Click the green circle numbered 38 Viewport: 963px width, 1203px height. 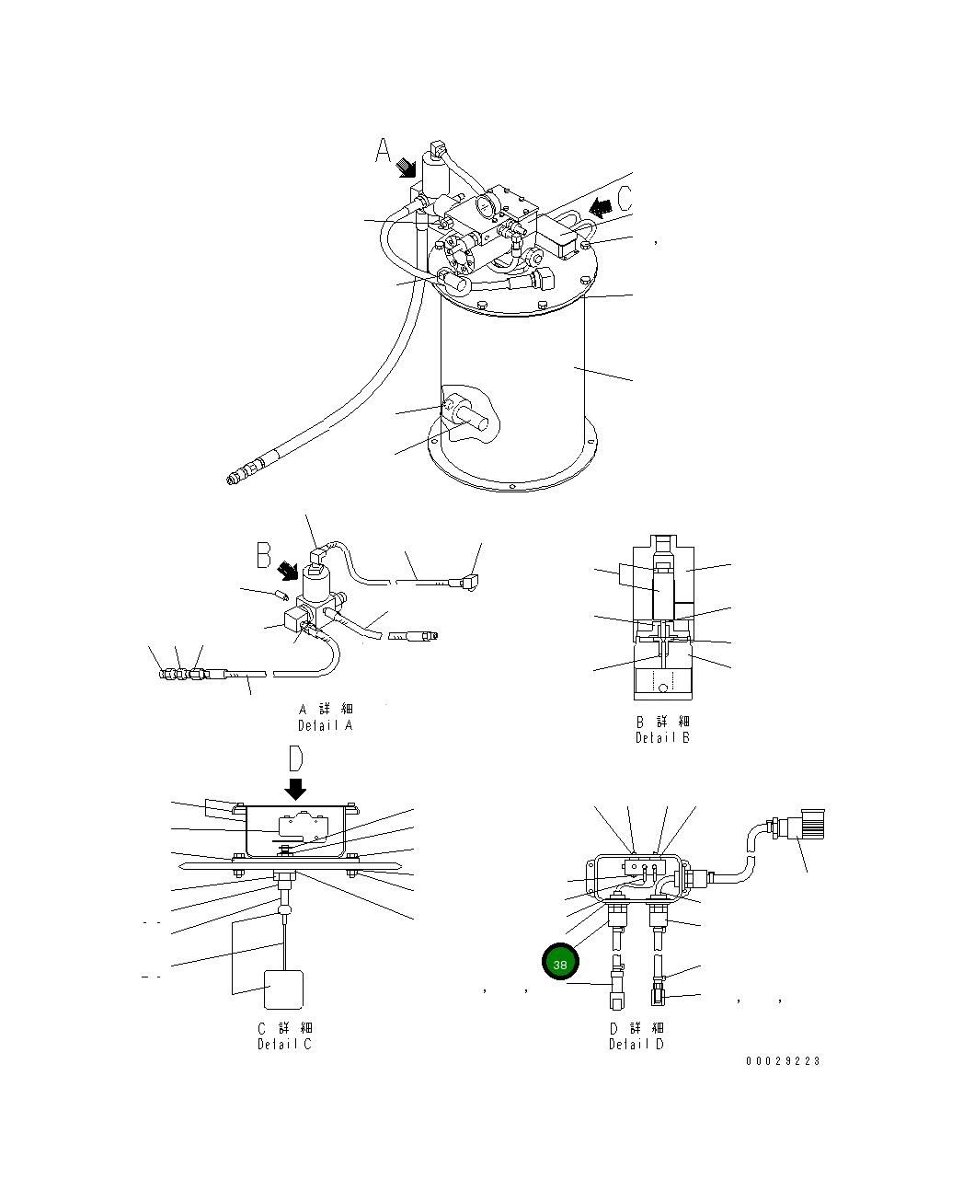[560, 963]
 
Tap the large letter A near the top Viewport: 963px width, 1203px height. [384, 151]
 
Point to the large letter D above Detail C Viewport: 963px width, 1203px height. [295, 758]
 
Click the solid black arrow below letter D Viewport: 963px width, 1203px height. [295, 789]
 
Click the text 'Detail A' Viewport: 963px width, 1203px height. [325, 725]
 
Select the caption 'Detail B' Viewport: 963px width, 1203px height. [662, 737]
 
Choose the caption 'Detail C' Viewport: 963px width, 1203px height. [284, 1044]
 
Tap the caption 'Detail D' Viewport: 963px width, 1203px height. [636, 1044]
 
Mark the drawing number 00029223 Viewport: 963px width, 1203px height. [782, 1060]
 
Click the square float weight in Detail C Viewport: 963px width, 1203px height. [283, 989]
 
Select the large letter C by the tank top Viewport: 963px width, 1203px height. [625, 196]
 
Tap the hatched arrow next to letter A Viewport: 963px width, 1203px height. [406, 168]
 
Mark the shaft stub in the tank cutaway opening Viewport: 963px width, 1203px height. [476, 419]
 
